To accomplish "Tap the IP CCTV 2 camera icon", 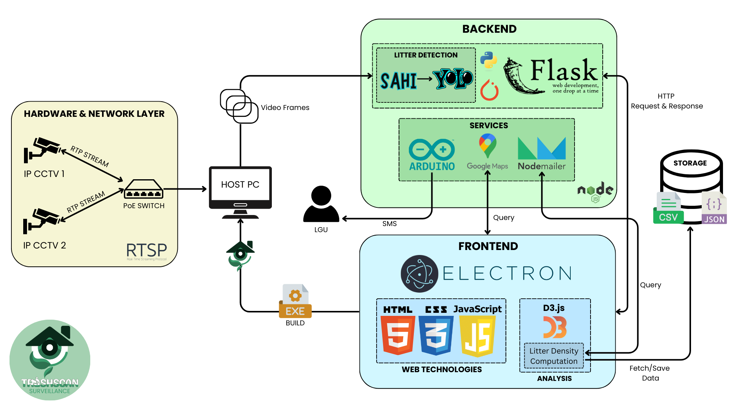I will [41, 221].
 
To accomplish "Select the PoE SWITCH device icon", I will [144, 189].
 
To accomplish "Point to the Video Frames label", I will [285, 108].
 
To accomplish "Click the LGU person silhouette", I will [321, 204].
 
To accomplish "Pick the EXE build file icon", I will [295, 301].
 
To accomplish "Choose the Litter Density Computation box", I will [554, 356].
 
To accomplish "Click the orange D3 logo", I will [555, 327].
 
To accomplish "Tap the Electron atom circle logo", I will [419, 274].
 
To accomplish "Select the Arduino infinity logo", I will [432, 150].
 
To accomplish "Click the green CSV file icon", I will [668, 209].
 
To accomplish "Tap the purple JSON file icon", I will [714, 209].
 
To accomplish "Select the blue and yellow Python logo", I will [488, 61].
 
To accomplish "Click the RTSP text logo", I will [147, 250].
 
